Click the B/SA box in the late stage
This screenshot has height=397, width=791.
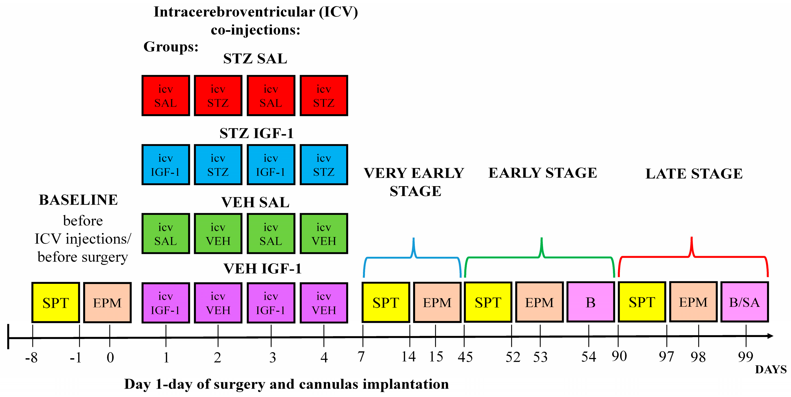[744, 302]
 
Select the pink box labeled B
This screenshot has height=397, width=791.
[590, 302]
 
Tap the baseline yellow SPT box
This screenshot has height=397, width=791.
[55, 303]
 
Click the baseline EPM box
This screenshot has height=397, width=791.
[107, 303]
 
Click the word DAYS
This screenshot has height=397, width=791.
[771, 369]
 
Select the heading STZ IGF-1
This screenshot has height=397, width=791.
[256, 133]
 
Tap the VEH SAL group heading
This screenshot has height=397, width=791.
[255, 202]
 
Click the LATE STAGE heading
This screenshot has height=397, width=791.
[694, 174]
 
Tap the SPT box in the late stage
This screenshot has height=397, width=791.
[642, 302]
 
